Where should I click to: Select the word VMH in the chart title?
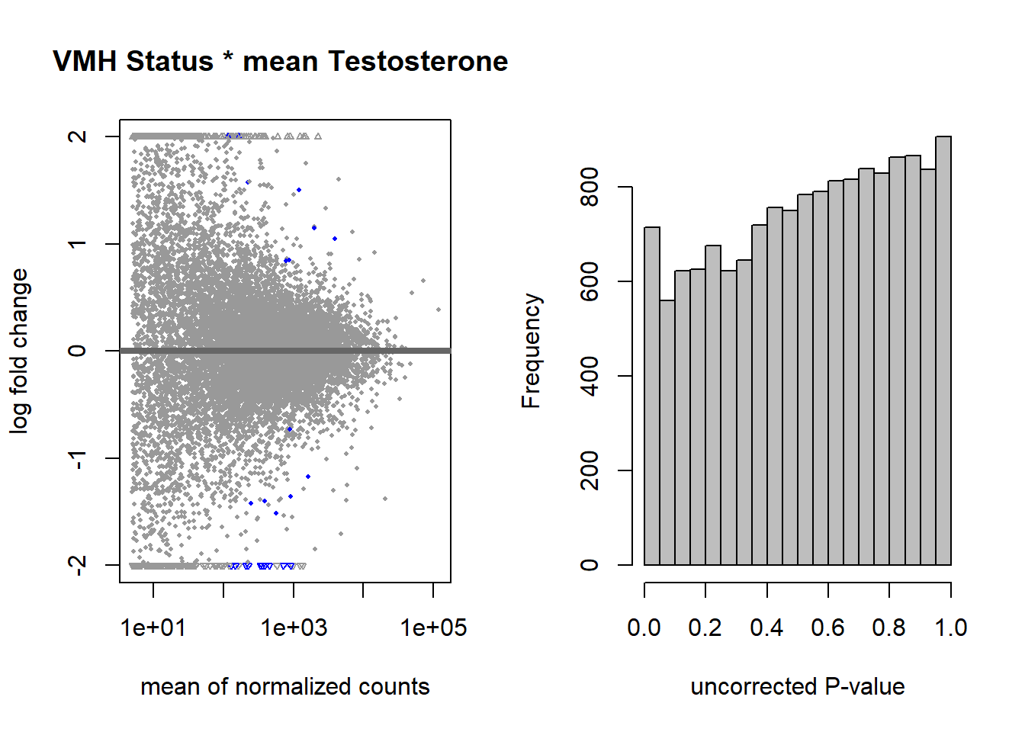click(x=85, y=61)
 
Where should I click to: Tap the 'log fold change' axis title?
click(x=19, y=351)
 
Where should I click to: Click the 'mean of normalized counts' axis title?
click(x=285, y=687)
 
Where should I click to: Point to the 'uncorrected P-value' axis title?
click(x=798, y=687)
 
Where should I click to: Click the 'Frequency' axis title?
click(x=532, y=351)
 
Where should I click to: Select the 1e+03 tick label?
click(x=294, y=628)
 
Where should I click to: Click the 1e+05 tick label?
click(x=433, y=628)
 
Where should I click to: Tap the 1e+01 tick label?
click(x=153, y=628)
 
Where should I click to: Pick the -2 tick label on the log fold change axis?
click(x=77, y=566)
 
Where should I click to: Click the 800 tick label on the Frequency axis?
click(x=590, y=187)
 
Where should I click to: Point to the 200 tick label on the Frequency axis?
click(x=590, y=470)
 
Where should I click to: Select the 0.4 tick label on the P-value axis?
click(x=767, y=628)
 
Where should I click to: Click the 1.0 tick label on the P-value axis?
click(x=951, y=628)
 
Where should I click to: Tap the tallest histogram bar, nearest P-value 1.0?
click(x=943, y=351)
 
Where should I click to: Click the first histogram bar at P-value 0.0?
click(x=652, y=396)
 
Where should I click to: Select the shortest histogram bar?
click(x=667, y=433)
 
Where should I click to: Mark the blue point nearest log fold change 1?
click(x=335, y=239)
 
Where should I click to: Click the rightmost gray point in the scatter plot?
click(x=439, y=310)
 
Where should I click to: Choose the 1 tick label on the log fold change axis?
click(x=77, y=244)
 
